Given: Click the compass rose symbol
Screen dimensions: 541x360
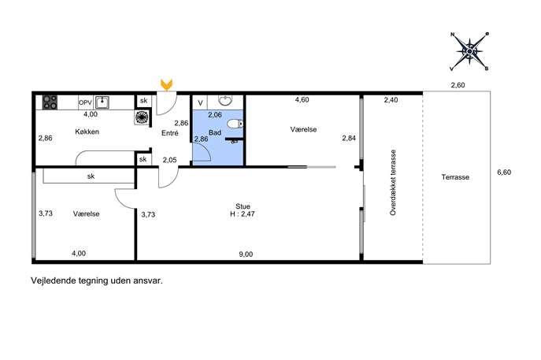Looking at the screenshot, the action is click(469, 51).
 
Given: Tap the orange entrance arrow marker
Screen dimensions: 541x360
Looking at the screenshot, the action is click(167, 85).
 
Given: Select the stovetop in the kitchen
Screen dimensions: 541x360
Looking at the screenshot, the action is click(50, 102).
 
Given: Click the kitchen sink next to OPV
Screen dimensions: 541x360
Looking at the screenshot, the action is click(102, 102).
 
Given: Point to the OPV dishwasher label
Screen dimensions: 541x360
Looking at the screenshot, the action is click(85, 102).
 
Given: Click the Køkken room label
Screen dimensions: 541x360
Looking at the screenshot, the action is click(87, 132).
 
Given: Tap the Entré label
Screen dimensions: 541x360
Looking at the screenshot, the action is click(170, 133).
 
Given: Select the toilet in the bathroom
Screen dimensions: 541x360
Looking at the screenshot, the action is click(235, 124).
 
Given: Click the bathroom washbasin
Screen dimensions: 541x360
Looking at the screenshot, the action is click(226, 100).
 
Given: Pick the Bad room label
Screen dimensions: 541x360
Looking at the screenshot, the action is click(215, 132).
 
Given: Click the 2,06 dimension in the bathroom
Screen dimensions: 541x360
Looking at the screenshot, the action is click(215, 114).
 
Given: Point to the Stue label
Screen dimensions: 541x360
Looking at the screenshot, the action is click(243, 206).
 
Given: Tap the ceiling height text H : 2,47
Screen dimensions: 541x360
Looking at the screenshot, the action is click(243, 214).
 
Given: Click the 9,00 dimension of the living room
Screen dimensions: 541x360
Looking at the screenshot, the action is click(246, 254).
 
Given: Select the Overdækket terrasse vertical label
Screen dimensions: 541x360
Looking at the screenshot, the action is click(393, 183).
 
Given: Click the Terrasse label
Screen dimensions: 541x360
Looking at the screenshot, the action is click(455, 177).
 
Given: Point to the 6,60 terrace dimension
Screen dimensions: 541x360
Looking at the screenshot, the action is click(504, 173).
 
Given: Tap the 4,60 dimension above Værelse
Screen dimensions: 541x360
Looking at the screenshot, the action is click(302, 100).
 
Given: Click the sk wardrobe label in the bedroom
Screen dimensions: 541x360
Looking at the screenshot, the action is click(91, 176).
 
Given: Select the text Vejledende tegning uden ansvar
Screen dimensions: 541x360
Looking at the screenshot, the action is click(97, 280).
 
